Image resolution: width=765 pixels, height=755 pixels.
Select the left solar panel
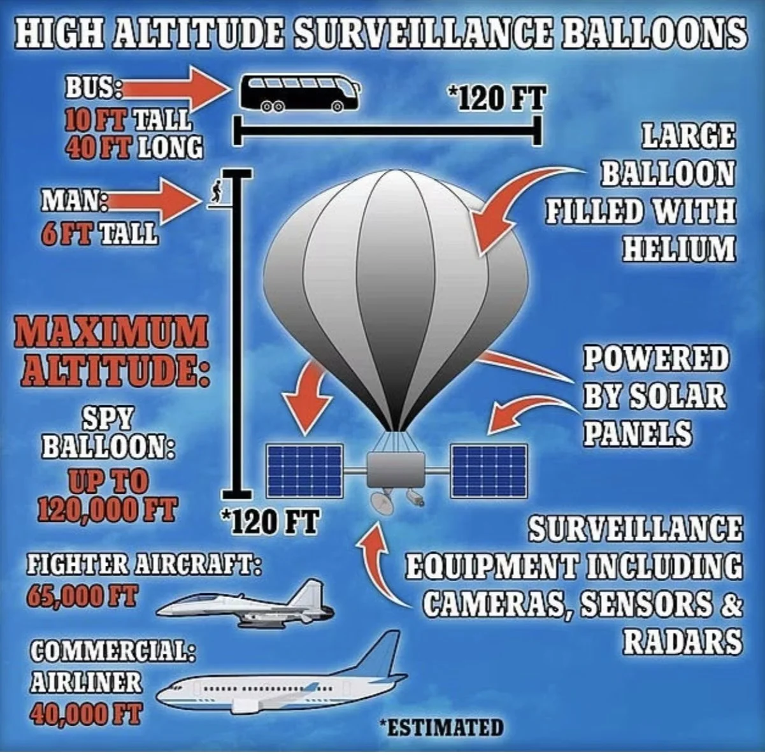tap(304, 470)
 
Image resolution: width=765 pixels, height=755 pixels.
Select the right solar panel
tap(489, 470)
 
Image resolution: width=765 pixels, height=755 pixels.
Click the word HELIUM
tap(678, 247)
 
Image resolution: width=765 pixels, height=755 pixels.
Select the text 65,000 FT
tap(82, 596)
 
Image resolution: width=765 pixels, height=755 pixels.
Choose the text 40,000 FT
tap(85, 713)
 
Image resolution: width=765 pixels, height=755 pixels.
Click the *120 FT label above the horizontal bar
tap(496, 99)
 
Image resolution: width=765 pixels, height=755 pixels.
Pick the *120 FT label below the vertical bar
tap(269, 522)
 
